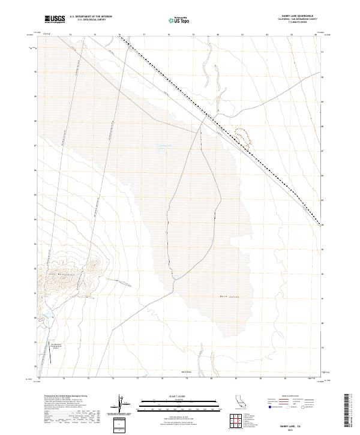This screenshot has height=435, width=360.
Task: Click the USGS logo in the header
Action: (54, 19)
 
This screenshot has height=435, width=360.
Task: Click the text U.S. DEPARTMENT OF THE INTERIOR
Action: (91, 17)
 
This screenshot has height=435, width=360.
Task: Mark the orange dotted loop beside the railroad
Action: (242, 137)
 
